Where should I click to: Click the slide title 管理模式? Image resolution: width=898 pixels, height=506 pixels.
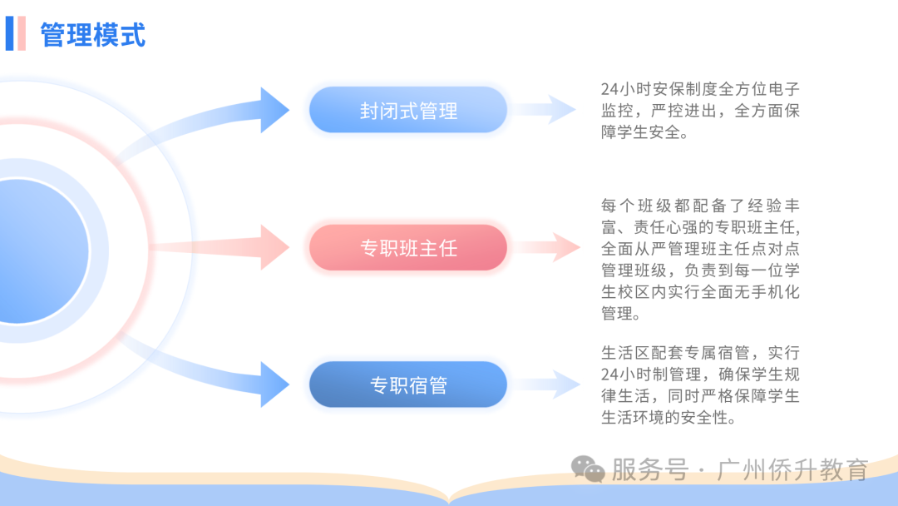point(93,34)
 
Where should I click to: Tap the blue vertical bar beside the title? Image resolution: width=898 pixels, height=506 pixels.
point(9,33)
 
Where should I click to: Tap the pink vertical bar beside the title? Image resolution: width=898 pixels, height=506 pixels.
point(22,33)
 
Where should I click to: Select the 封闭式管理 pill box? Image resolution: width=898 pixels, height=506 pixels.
point(408,110)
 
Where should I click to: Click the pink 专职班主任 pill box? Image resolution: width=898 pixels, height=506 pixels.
point(408,247)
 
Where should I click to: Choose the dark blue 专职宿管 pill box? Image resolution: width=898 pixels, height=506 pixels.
point(408,384)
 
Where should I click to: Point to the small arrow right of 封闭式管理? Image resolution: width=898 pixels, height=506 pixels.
point(544,110)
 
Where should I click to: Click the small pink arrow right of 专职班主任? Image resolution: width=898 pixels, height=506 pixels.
point(546,247)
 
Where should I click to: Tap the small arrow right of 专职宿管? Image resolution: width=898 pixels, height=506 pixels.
point(546,384)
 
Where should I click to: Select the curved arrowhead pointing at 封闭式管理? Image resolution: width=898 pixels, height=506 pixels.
point(274,110)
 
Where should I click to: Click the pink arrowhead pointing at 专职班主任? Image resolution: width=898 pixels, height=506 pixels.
point(274,247)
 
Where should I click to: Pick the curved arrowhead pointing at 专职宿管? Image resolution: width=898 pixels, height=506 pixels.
point(274,384)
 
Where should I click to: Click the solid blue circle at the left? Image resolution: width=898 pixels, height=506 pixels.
point(40,251)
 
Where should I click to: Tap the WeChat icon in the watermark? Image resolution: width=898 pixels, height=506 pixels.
point(588,469)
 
